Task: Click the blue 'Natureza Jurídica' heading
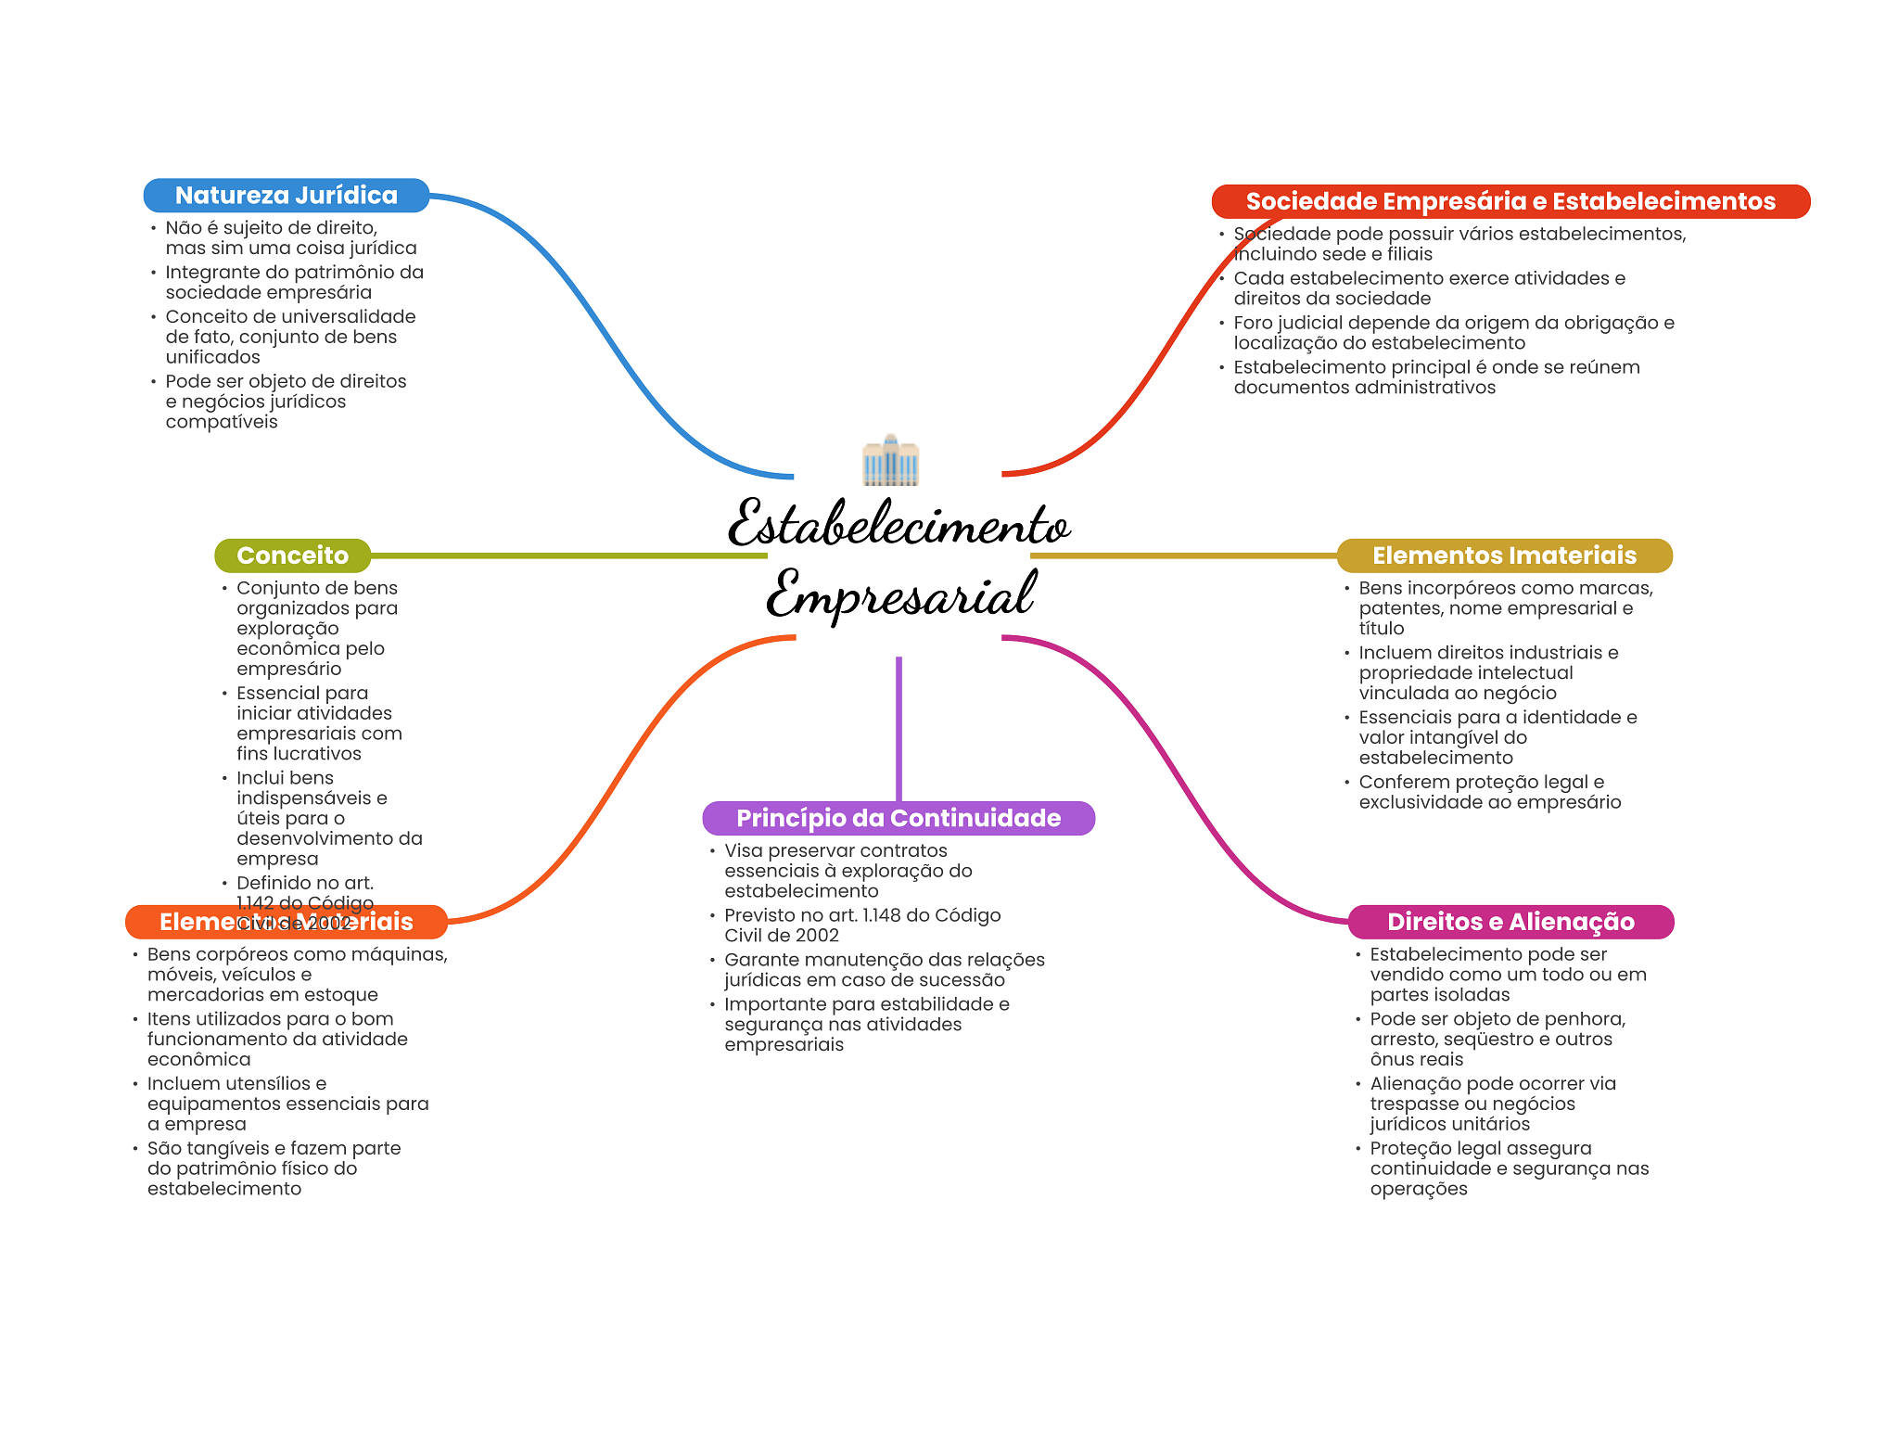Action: point(286,196)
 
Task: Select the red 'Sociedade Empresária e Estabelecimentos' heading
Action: point(1510,201)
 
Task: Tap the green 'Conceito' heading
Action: point(292,555)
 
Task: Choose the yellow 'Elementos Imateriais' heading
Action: point(1503,555)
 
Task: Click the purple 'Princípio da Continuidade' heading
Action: point(898,818)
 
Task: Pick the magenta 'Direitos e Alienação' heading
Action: point(1510,922)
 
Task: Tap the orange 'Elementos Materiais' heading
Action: point(286,922)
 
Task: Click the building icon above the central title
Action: point(890,460)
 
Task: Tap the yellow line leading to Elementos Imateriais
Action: point(1182,555)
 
